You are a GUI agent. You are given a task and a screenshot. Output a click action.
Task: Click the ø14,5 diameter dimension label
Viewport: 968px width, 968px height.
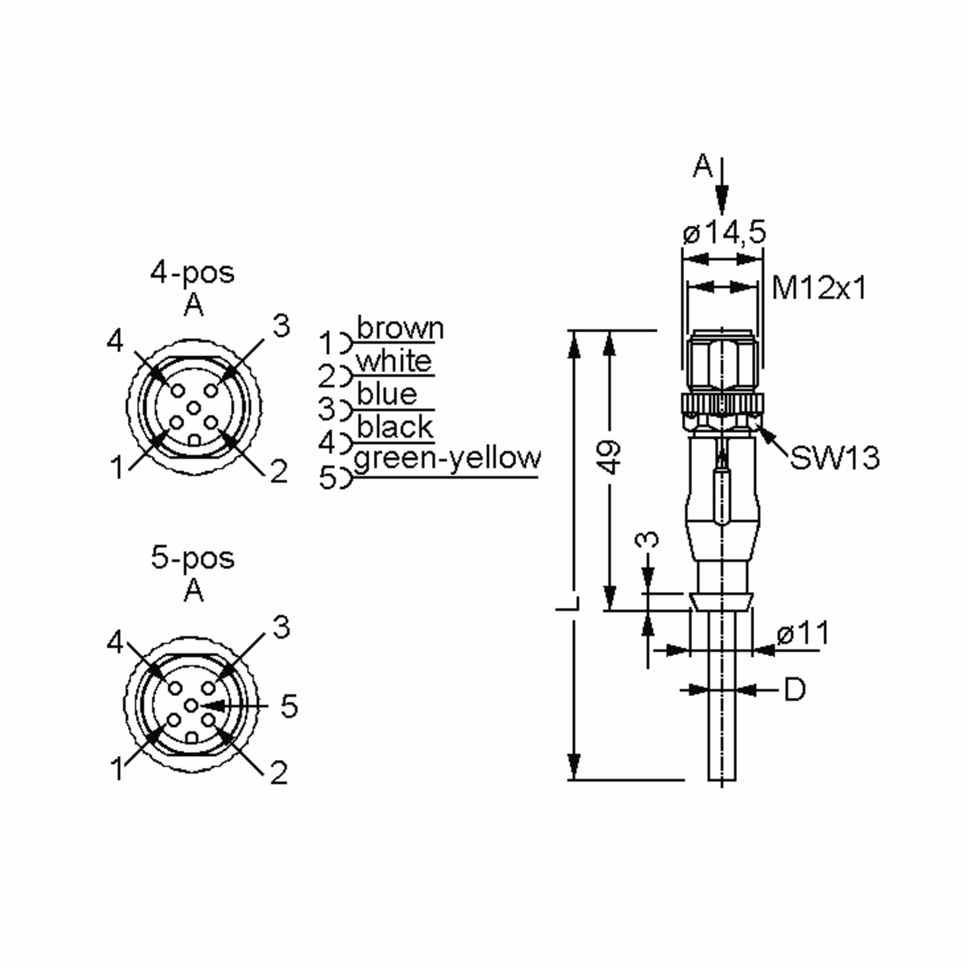724,232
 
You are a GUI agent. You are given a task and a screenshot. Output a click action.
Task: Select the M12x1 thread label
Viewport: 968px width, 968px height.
819,288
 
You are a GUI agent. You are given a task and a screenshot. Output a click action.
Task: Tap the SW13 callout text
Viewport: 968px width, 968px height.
834,458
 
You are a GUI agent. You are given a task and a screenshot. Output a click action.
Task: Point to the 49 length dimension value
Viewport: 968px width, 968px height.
610,457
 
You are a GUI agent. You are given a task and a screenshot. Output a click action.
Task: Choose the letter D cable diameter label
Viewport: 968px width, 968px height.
795,690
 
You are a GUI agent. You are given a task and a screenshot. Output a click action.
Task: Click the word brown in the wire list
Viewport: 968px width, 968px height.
400,329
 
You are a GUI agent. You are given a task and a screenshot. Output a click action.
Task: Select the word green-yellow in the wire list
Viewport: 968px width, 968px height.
447,458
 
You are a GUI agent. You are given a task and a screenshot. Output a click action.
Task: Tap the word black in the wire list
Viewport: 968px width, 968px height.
395,428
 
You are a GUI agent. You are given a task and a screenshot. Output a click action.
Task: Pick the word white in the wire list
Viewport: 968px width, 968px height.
394,361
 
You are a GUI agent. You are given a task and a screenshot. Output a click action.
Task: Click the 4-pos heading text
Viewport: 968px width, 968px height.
192,273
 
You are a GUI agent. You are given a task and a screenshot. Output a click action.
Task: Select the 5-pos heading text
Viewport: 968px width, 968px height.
192,558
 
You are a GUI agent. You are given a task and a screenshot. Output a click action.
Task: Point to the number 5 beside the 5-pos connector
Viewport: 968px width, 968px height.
289,706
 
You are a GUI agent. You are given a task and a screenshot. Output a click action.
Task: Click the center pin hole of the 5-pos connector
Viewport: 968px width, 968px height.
191,705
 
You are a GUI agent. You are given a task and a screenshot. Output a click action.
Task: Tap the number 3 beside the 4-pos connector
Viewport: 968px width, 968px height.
281,326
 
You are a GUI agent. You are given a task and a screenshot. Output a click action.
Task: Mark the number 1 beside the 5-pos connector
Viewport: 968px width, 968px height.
116,769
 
